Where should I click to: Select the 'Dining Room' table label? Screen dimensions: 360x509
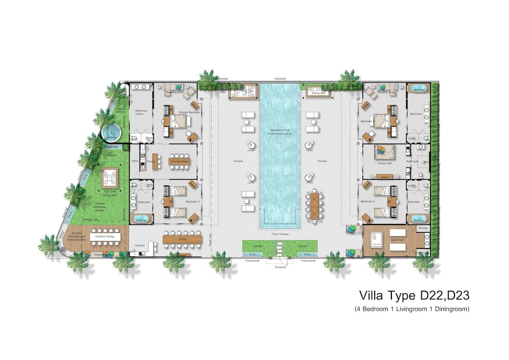pyautogui.click(x=179, y=161)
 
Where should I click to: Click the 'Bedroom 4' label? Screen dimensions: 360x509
pyautogui.click(x=367, y=202)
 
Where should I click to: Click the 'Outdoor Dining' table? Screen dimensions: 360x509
pyautogui.click(x=106, y=237)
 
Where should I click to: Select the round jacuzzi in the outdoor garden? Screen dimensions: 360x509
pyautogui.click(x=110, y=134)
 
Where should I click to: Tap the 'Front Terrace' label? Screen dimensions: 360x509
pyautogui.click(x=279, y=234)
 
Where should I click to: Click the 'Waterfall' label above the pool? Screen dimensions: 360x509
pyautogui.click(x=280, y=79)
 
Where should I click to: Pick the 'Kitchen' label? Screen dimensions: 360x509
pyautogui.click(x=140, y=245)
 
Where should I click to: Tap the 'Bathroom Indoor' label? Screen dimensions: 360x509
pyautogui.click(x=141, y=113)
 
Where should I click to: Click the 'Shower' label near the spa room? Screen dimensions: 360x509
pyautogui.click(x=423, y=229)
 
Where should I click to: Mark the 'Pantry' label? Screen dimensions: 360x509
pyautogui.click(x=151, y=161)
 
